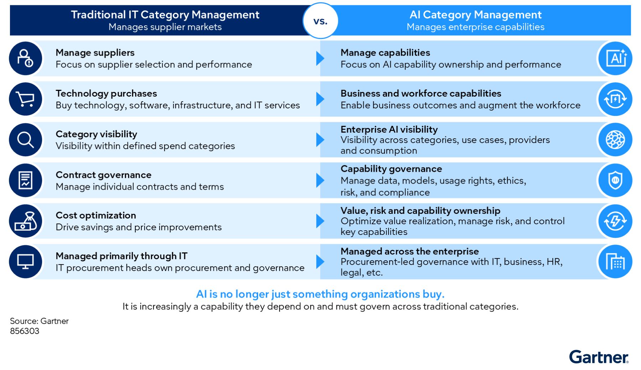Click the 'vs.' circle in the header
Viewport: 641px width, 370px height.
[x=320, y=21]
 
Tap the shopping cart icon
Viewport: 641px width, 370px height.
[x=26, y=99]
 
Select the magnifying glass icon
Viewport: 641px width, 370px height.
[x=26, y=140]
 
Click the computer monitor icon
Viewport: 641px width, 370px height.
[x=26, y=262]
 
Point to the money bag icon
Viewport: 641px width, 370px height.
[x=26, y=221]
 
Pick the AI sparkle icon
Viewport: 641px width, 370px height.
[x=615, y=58]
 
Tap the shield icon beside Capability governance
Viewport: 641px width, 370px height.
[x=615, y=180]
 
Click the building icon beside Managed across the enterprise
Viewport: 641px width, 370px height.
[x=615, y=262]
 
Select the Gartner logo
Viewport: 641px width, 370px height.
[x=599, y=357]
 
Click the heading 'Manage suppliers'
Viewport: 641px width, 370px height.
[x=95, y=53]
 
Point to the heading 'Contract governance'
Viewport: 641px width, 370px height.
[x=104, y=175]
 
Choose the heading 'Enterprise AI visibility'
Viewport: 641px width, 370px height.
[x=389, y=129]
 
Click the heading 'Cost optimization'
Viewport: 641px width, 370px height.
[x=96, y=215]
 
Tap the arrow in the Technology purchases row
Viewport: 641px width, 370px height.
[x=320, y=99]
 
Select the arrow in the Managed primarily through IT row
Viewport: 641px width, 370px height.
[x=320, y=262]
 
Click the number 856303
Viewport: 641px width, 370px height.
[x=25, y=331]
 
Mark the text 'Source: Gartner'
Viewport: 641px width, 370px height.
[x=39, y=321]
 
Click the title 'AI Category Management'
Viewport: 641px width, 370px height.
[x=475, y=15]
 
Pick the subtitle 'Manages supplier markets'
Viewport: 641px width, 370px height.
[x=165, y=27]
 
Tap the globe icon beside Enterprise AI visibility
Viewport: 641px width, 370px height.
[x=615, y=140]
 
